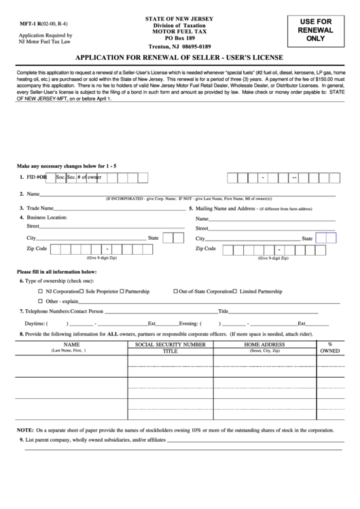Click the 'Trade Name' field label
40,208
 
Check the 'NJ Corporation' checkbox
40,291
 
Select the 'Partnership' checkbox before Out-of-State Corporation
122,291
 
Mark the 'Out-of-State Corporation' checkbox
175,291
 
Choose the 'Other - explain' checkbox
40,300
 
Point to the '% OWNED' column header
330,349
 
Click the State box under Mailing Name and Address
326,239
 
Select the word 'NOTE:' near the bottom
25,430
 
